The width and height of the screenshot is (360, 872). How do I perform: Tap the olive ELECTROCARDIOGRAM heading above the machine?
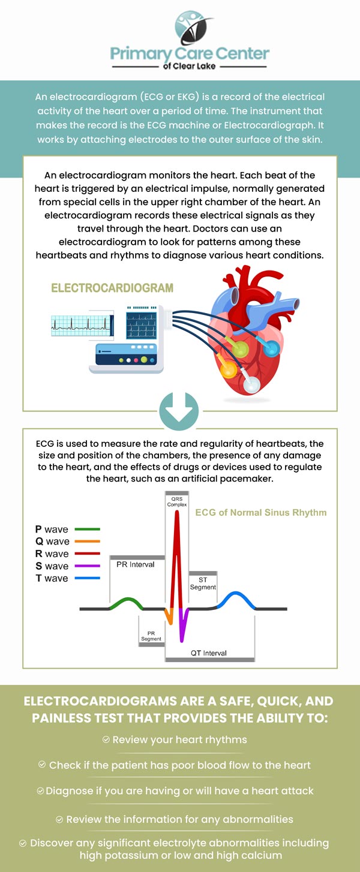click(x=112, y=288)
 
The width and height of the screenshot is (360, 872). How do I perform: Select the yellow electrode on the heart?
click(x=229, y=369)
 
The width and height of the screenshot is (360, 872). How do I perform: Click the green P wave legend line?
click(x=88, y=530)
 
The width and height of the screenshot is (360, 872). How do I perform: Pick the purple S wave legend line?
click(x=88, y=566)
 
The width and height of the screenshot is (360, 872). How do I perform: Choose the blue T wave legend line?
click(x=88, y=579)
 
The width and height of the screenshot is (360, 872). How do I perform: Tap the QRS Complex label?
click(x=177, y=501)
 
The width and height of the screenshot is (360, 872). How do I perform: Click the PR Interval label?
click(x=136, y=564)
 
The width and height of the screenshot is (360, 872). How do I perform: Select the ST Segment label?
click(x=203, y=584)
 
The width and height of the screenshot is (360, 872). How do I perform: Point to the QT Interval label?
click(x=209, y=653)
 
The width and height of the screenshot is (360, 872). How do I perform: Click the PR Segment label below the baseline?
click(x=151, y=636)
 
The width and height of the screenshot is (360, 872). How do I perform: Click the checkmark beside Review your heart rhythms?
click(x=106, y=740)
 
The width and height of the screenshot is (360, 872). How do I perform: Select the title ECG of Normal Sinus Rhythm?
click(x=261, y=513)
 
